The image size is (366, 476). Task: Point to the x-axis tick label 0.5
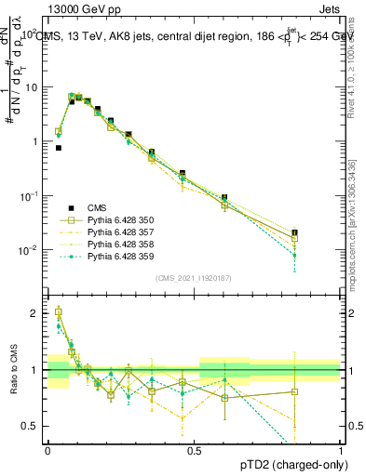(194, 450)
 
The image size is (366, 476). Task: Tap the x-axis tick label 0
(47, 450)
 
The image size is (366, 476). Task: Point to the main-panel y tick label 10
(34, 86)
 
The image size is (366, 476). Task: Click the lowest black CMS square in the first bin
(59, 147)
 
